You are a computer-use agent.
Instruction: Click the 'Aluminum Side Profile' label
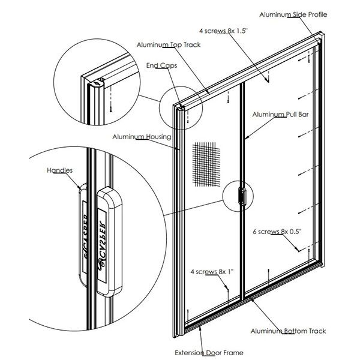tap(292, 14)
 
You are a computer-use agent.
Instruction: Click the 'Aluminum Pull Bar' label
tap(280, 114)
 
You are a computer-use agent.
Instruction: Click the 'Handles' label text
tap(59, 170)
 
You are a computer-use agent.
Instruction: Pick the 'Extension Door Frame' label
tap(209, 352)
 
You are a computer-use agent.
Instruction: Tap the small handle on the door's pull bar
tap(242, 195)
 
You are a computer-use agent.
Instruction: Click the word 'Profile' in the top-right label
tap(316, 14)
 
